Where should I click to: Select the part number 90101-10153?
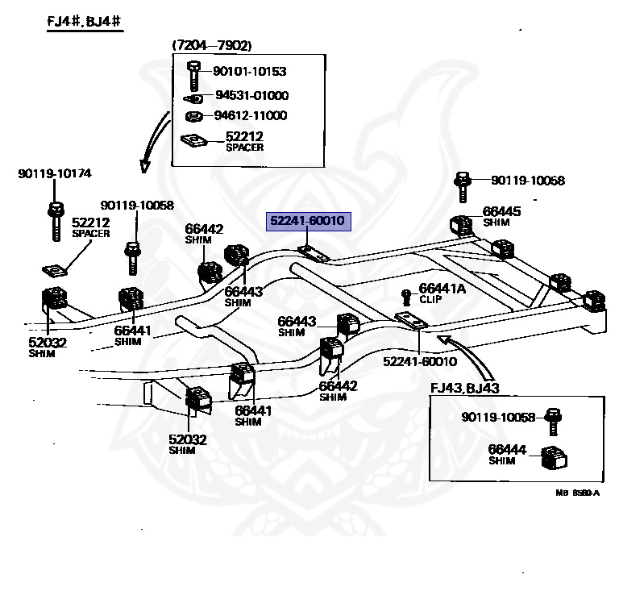click(249, 72)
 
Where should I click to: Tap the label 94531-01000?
click(251, 95)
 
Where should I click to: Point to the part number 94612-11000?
click(250, 115)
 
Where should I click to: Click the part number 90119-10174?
click(55, 173)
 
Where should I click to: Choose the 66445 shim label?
click(501, 211)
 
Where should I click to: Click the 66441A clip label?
click(442, 288)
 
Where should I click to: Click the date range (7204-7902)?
click(211, 46)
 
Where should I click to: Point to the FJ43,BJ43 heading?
click(465, 388)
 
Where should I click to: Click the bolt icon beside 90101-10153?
click(193, 74)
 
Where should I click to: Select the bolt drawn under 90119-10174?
click(55, 220)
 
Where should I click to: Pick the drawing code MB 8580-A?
click(577, 493)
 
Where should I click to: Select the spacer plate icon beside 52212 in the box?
click(194, 140)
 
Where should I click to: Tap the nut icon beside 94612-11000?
click(193, 117)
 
